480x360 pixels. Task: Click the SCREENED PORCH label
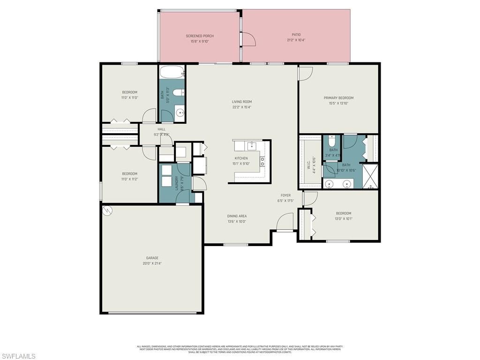coord(200,36)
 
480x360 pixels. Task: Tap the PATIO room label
coord(296,34)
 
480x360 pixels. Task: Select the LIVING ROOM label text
coord(242,102)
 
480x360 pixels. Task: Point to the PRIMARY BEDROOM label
coord(338,98)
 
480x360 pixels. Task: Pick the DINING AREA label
coord(237,216)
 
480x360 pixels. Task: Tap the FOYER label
coord(285,195)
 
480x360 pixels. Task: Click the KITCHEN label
coord(241,158)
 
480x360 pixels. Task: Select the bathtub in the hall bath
coord(172,73)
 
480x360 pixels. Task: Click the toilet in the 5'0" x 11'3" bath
coord(178,93)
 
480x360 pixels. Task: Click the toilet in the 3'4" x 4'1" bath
coord(332,141)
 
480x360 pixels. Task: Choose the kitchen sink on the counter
coord(251,145)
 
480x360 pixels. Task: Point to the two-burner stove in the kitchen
coord(262,162)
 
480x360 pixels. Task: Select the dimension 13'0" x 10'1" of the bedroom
coord(343,218)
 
